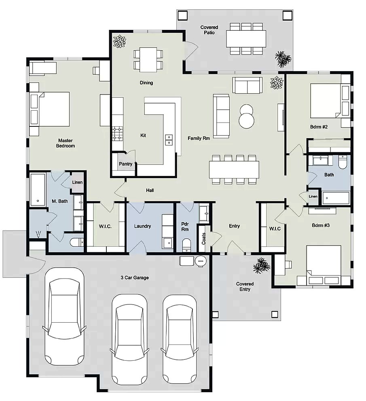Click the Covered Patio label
click(x=209, y=30)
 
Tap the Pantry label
click(x=125, y=164)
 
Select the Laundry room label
click(x=142, y=226)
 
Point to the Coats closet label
click(x=203, y=238)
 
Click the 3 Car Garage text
click(x=135, y=277)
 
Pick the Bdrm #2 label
click(x=319, y=126)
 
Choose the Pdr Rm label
click(x=185, y=227)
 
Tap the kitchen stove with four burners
click(x=118, y=134)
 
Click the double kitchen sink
click(x=169, y=140)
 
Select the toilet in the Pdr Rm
click(x=186, y=245)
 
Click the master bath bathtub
click(x=38, y=189)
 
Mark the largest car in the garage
click(x=64, y=317)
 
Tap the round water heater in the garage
click(x=201, y=261)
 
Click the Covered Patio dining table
click(x=246, y=39)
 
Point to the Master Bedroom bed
click(x=50, y=109)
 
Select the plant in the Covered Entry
click(x=262, y=265)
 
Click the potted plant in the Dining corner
click(x=119, y=42)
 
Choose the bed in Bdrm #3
click(x=324, y=265)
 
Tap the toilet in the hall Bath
click(x=343, y=162)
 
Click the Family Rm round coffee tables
click(x=246, y=116)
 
